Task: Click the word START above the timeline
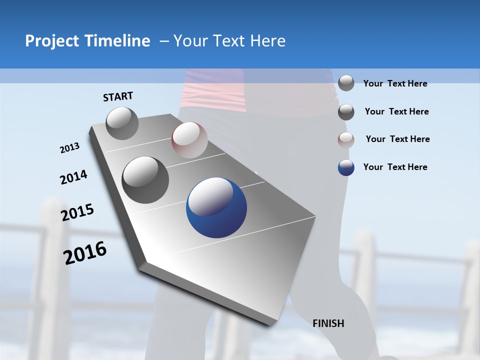click(x=118, y=96)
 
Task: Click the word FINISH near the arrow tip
click(x=328, y=323)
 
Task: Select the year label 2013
click(x=69, y=148)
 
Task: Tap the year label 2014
click(x=73, y=177)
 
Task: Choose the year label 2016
click(x=85, y=253)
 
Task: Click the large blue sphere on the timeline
click(x=216, y=207)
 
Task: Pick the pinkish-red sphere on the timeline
click(x=189, y=140)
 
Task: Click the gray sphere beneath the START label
click(x=122, y=123)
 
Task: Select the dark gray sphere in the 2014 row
click(x=145, y=180)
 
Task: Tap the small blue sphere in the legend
click(x=346, y=167)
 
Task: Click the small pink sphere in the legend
click(x=346, y=139)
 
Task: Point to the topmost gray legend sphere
click(x=346, y=83)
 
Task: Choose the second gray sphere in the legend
click(x=346, y=112)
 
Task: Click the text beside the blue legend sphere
click(x=395, y=167)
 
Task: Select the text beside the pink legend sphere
click(x=397, y=139)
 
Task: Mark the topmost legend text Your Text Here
click(x=395, y=83)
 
